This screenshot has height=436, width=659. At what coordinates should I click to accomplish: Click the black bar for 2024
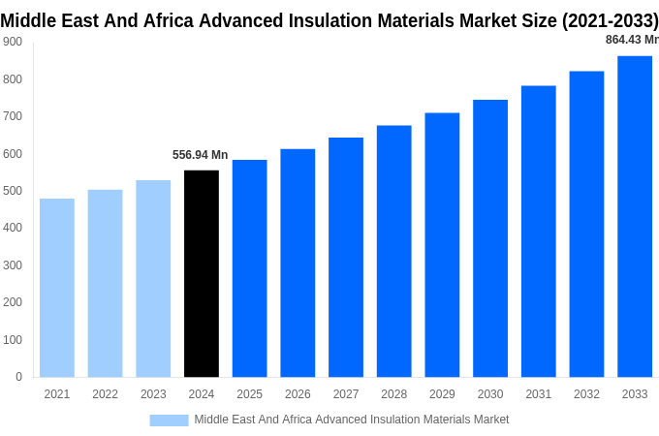point(202,273)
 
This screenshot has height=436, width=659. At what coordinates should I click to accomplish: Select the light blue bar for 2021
point(57,288)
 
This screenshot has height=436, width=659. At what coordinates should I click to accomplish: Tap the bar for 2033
point(635,216)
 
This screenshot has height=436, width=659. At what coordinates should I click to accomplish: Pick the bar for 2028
point(393,251)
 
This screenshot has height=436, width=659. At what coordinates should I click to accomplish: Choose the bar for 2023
point(153,278)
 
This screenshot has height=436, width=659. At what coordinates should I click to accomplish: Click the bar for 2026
point(298,263)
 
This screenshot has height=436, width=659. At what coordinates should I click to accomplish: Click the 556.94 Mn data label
point(201,155)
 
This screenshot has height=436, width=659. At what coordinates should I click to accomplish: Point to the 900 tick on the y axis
point(13,42)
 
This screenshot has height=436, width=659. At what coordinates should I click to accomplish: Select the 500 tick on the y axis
point(13,191)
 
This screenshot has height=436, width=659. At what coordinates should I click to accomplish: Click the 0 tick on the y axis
point(18,377)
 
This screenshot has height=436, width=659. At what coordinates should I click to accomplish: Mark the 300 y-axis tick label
point(13,265)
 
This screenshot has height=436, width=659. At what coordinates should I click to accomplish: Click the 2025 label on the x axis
point(249,394)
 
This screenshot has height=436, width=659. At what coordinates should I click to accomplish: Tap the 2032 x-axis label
point(586,394)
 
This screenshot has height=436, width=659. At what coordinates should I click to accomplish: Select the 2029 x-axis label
point(442,394)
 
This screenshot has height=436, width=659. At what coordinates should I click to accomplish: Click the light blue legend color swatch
point(169,420)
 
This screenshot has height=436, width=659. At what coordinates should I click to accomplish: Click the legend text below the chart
point(351,420)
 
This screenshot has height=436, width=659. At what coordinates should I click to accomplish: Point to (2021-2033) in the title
point(610,19)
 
